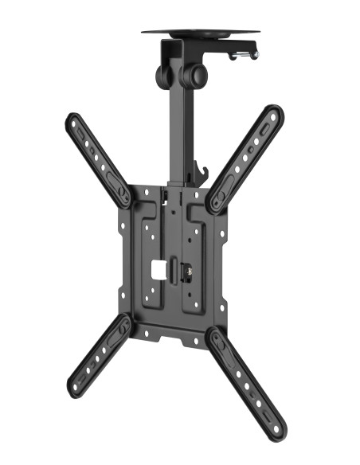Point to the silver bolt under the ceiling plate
click(x=245, y=55)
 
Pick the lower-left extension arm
click(x=100, y=355)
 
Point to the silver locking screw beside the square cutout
click(x=188, y=272)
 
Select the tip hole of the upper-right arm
click(x=273, y=115)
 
